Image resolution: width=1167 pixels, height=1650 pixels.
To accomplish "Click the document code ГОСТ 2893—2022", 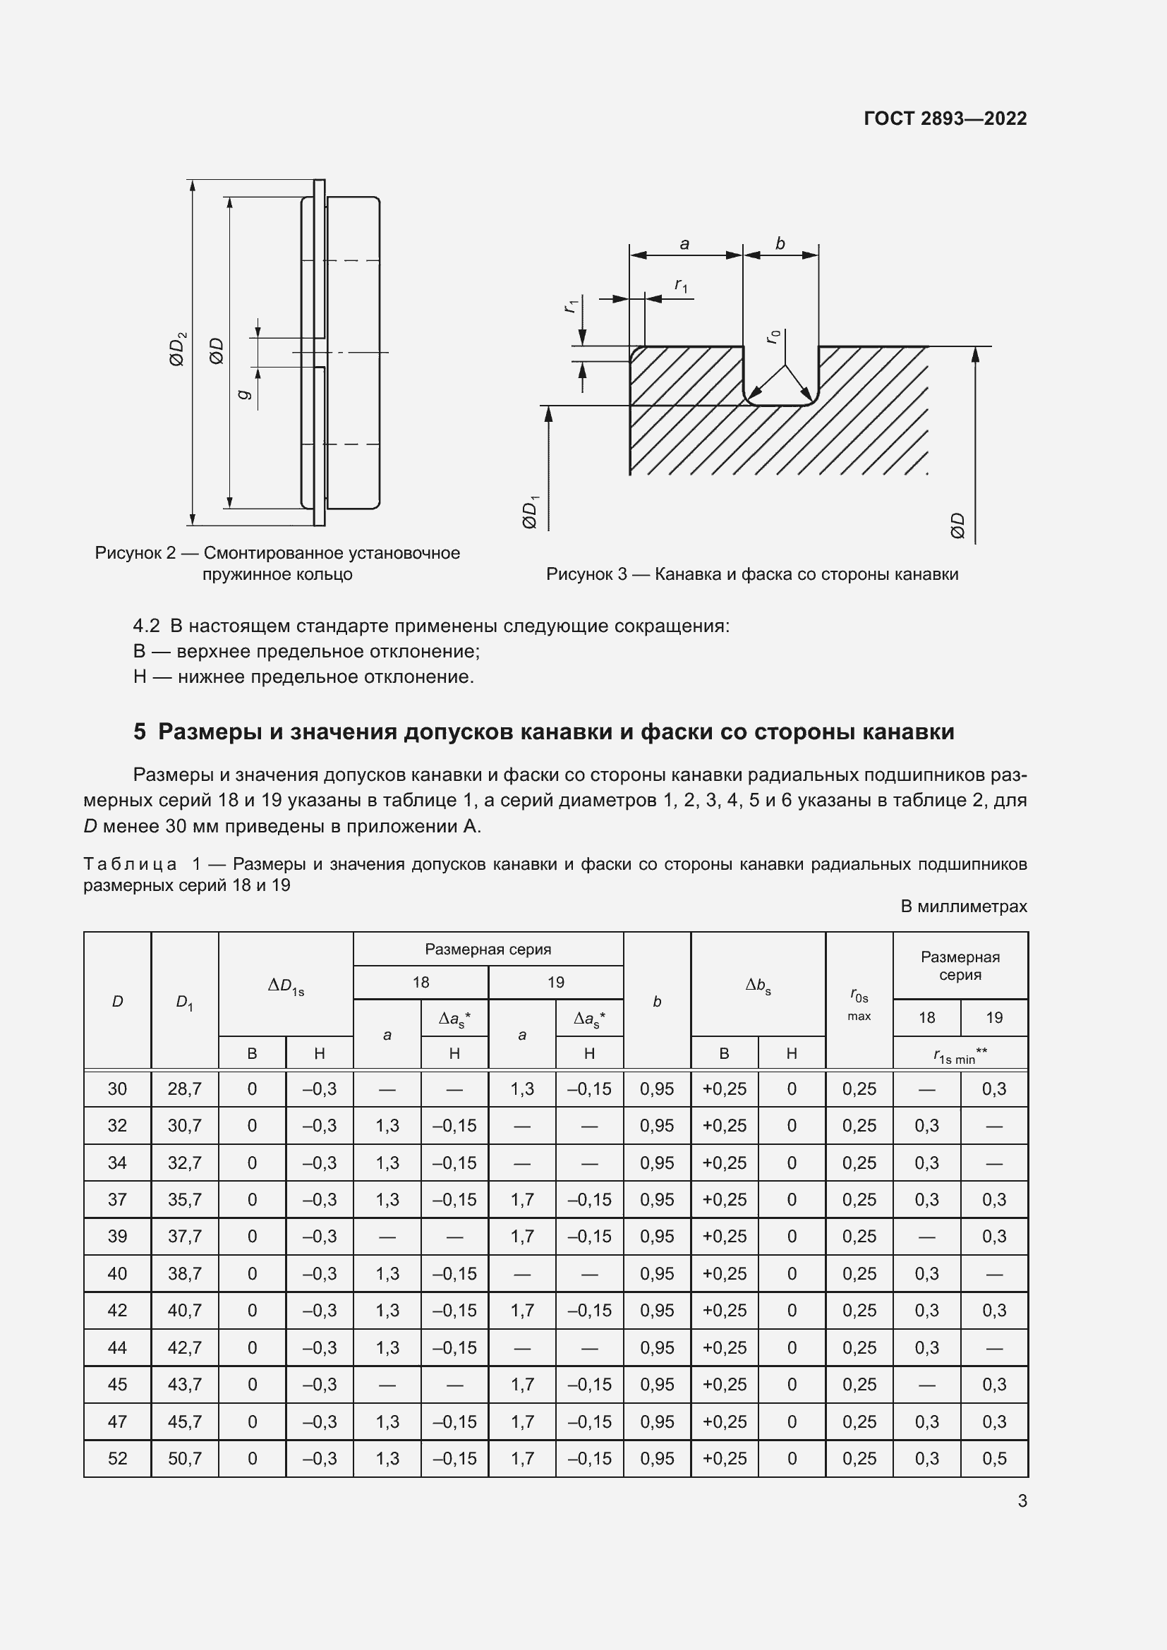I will (x=945, y=119).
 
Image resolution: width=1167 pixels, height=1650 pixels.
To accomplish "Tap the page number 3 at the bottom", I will (x=1022, y=1501).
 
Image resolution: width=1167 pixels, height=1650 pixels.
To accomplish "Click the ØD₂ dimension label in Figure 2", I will (x=178, y=348).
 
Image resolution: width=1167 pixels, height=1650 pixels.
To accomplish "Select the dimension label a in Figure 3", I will (x=684, y=244).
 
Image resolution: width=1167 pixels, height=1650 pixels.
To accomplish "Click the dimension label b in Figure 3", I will (x=780, y=244).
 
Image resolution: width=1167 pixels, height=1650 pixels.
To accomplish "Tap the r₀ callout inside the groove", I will (x=773, y=336).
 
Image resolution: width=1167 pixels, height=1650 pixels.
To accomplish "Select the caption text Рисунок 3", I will (x=586, y=574).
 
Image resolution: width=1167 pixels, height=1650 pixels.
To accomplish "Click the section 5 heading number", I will (x=140, y=732).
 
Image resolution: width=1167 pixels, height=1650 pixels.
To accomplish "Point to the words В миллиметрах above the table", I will (x=964, y=906).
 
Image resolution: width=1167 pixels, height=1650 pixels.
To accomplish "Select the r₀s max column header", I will (x=859, y=1004).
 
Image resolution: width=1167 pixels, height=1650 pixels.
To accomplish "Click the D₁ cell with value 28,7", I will (x=185, y=1088).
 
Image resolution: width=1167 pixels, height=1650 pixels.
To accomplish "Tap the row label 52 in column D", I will (x=117, y=1458).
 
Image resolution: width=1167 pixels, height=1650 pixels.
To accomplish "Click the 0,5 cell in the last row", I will (x=994, y=1458).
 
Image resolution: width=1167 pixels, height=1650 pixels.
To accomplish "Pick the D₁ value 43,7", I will (x=185, y=1384).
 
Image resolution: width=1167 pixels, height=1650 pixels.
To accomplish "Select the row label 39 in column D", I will (x=117, y=1236).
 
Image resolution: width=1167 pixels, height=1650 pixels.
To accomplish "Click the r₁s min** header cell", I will (x=960, y=1055).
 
